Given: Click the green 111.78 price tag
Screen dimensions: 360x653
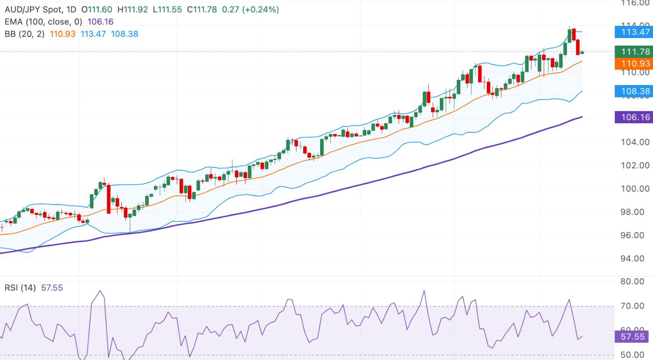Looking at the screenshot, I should click(x=634, y=52).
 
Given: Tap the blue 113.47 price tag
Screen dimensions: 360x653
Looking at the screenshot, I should click(x=634, y=32).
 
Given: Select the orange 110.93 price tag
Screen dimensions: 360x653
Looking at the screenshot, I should click(x=634, y=64).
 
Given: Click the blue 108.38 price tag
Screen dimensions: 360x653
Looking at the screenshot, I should click(x=634, y=91).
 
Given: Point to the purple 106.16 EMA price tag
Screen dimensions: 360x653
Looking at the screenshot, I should click(x=634, y=117).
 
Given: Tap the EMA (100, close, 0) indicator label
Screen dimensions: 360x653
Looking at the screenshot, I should click(x=43, y=22).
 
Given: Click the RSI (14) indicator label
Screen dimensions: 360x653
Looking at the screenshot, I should click(x=20, y=288).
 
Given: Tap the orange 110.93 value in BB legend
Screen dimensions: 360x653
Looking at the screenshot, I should click(x=63, y=34).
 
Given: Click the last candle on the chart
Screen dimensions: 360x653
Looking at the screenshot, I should click(x=582, y=53).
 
